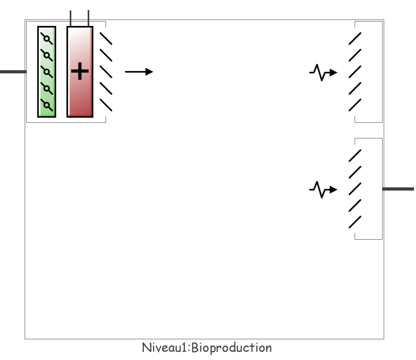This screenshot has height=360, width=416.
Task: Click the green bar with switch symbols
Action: tap(47, 72)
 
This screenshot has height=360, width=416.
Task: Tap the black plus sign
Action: tap(80, 72)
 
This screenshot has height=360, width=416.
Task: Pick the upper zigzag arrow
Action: tap(323, 73)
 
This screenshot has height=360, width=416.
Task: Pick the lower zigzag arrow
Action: tap(323, 189)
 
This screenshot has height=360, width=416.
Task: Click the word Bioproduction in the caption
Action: tap(232, 348)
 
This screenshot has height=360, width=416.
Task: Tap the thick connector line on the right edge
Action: tap(398, 189)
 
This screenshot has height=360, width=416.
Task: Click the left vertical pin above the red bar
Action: tap(71, 18)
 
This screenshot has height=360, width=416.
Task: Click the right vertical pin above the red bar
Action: tap(88, 18)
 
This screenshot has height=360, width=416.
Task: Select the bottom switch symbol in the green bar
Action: tap(47, 105)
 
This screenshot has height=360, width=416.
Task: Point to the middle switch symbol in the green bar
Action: tap(47, 72)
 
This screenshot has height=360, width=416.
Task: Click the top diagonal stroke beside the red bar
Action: tap(106, 38)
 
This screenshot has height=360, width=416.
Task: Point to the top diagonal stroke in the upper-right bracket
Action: tap(355, 39)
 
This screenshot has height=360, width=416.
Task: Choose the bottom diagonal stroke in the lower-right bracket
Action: tap(355, 222)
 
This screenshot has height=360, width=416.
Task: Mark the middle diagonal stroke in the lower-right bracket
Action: tap(355, 189)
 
